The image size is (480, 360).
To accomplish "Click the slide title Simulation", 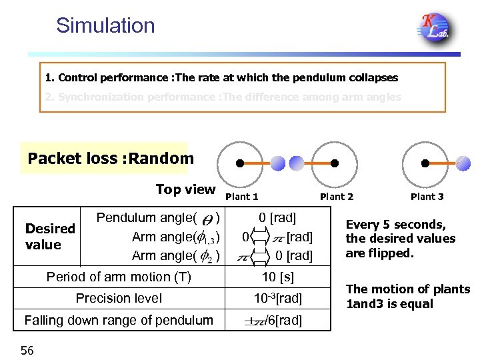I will point(105,25).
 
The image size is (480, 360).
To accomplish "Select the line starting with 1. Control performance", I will point(221,77).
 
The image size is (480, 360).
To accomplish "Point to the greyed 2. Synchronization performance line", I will point(223,97).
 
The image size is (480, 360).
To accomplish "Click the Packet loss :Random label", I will point(111,159).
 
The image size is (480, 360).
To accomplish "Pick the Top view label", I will point(185,189).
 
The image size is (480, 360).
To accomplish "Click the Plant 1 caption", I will point(242,197).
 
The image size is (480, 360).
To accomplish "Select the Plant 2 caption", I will point(337,197).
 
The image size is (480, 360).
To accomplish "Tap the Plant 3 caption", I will point(427,197).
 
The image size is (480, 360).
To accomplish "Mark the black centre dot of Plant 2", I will point(335,164).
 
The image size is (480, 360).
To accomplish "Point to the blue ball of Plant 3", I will point(463,164).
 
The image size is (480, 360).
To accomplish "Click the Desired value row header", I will point(50,237).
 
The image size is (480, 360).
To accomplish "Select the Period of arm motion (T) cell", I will point(119,277).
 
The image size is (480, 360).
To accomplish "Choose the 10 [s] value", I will point(277,277).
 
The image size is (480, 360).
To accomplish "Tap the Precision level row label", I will point(119,298).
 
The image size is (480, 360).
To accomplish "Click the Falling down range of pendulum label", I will point(119,320).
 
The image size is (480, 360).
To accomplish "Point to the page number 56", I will point(27,350).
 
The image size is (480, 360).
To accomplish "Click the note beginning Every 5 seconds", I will point(400,239).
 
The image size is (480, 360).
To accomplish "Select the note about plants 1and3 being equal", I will point(407,297).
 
